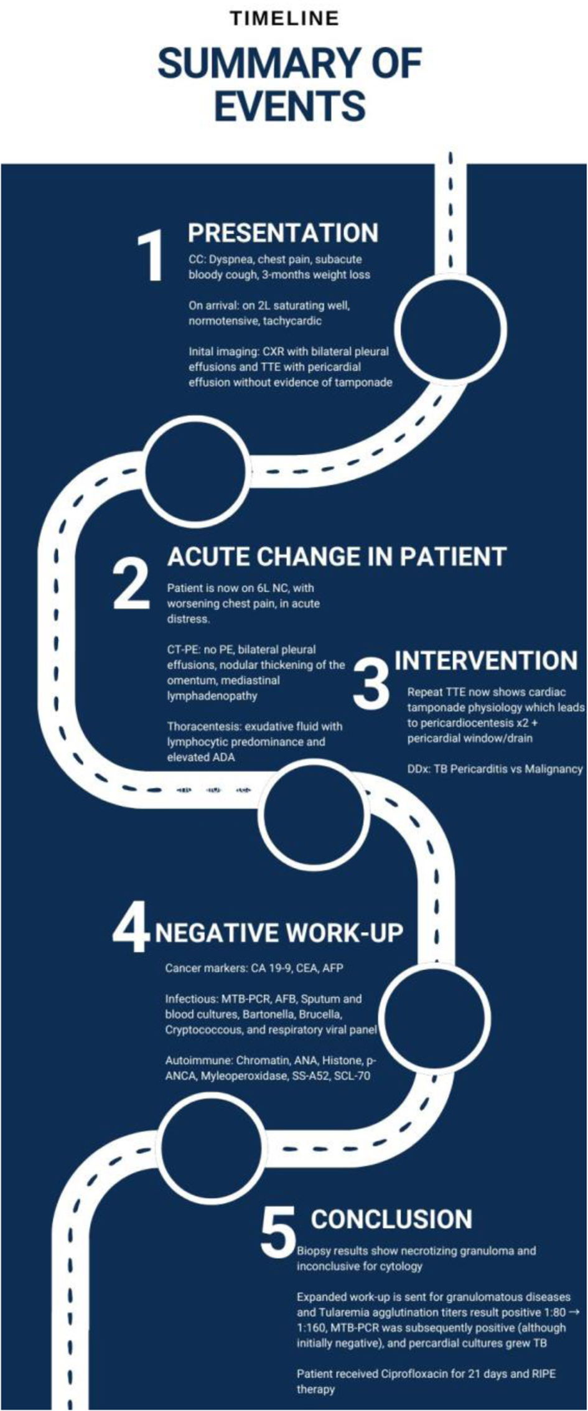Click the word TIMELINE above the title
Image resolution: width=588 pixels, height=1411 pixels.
284,19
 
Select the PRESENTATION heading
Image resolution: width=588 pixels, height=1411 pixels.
283,233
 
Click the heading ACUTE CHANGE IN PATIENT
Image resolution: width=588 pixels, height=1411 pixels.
337,556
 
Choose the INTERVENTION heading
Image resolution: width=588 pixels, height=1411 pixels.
487,660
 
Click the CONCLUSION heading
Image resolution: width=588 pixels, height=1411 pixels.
391,1219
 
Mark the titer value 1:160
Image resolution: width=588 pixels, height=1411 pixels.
312,1328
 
